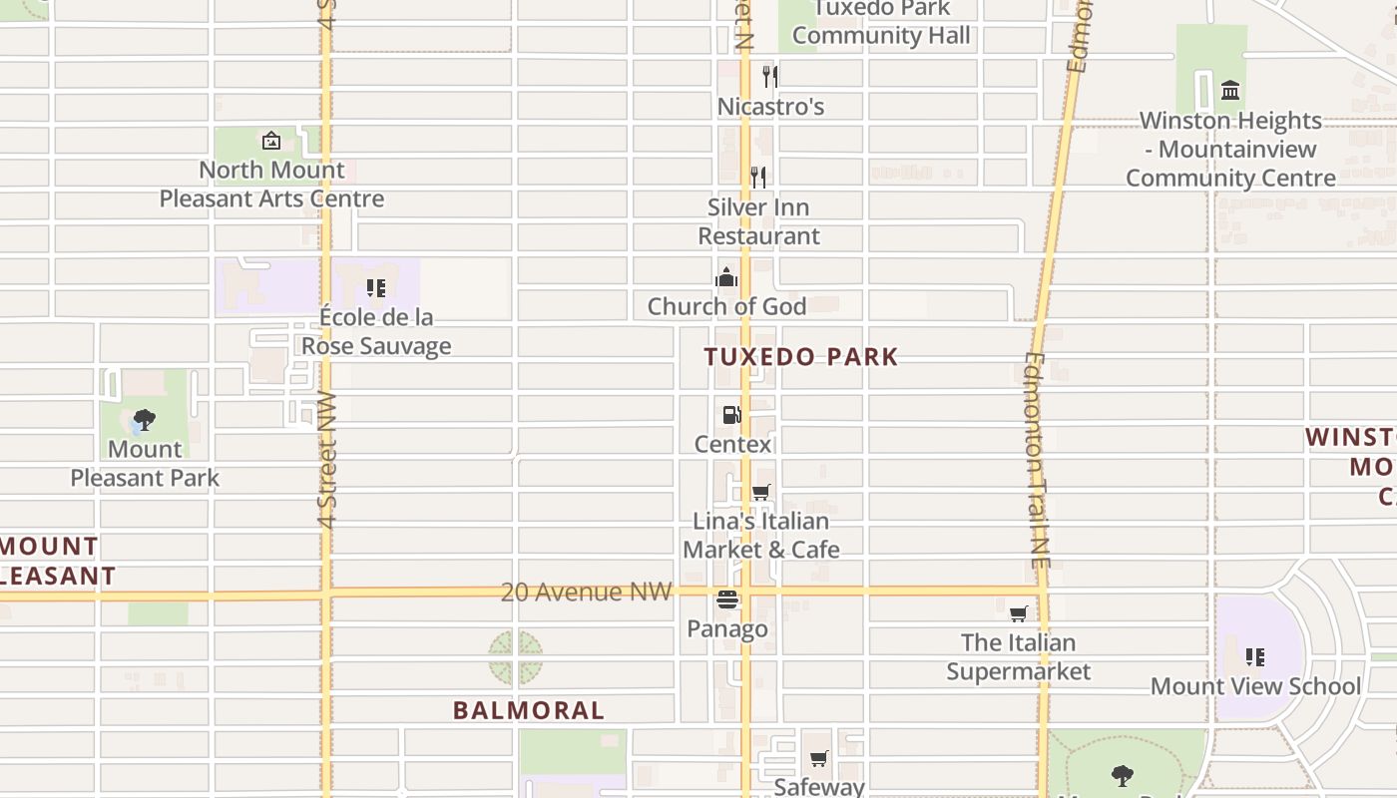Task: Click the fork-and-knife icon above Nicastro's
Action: pos(769,76)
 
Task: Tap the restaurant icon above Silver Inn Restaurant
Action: pos(758,178)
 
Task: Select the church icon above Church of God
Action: pos(726,276)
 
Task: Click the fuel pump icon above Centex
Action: pos(732,414)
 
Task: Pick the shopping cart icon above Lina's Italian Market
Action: pos(760,492)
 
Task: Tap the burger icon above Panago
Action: pos(727,599)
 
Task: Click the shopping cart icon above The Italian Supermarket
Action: pos(1018,613)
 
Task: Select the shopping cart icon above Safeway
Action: pos(818,759)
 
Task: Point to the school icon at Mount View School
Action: pos(1255,657)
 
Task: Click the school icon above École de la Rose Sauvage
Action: pos(376,288)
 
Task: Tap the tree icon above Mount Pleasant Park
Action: pos(145,420)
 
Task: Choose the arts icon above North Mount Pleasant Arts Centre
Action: pos(271,141)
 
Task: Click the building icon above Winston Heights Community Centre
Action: pos(1230,91)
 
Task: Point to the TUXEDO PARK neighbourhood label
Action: pos(801,357)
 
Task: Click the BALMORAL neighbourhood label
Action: pos(529,710)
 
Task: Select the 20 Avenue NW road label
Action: pos(586,592)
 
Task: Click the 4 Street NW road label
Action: pos(327,460)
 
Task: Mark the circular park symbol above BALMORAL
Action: pos(516,657)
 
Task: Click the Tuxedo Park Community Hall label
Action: pos(881,23)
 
